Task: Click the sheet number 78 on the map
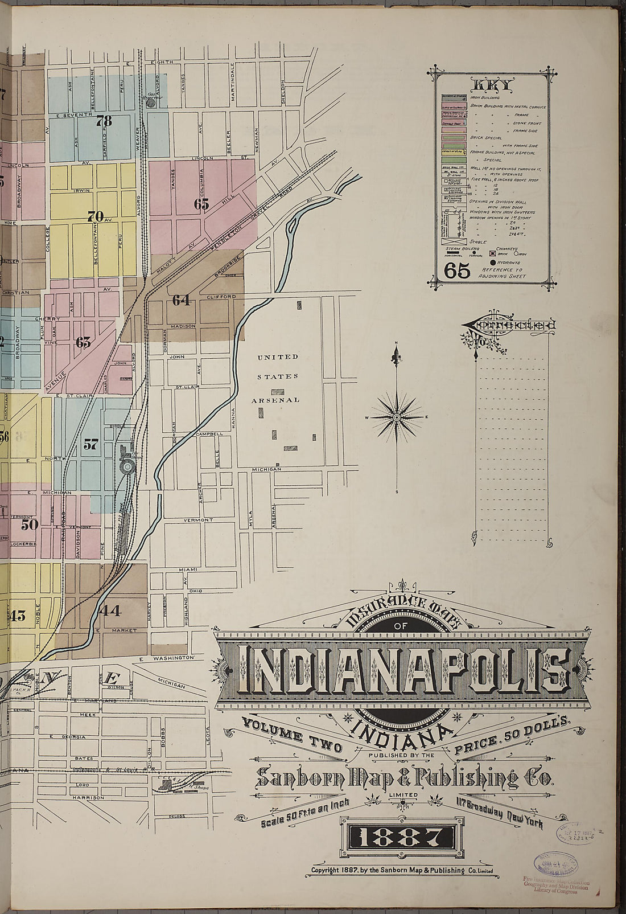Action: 104,121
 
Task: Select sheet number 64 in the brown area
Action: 181,300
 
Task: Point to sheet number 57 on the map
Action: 90,444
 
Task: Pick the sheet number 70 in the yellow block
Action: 95,216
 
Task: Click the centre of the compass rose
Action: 397,417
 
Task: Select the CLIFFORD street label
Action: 221,297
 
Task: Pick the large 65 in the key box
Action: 458,272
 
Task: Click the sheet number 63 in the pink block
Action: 83,342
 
